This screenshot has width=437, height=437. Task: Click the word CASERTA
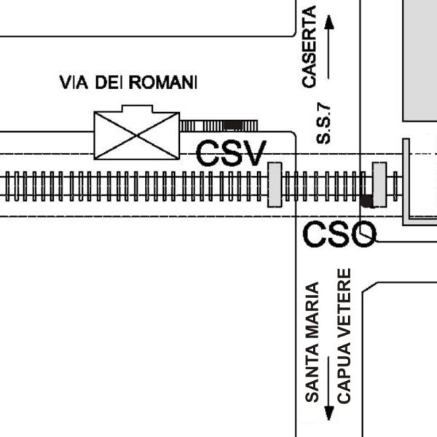click(310, 47)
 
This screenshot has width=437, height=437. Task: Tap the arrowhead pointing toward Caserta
click(329, 22)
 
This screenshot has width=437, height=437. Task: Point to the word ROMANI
click(163, 82)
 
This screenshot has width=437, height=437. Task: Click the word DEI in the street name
click(109, 82)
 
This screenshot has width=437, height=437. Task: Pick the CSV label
click(231, 153)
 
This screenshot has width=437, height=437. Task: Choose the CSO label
click(339, 234)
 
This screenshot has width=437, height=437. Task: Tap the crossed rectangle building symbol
click(137, 135)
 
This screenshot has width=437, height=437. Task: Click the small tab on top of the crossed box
click(137, 109)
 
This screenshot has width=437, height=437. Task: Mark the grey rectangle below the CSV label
click(275, 185)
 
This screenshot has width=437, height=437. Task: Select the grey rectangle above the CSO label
click(379, 184)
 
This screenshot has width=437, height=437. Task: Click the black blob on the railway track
click(367, 201)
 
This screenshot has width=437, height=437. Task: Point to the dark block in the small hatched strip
click(233, 125)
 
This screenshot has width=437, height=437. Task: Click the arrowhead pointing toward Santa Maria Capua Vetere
click(329, 413)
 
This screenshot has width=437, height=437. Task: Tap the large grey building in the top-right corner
click(420, 60)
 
